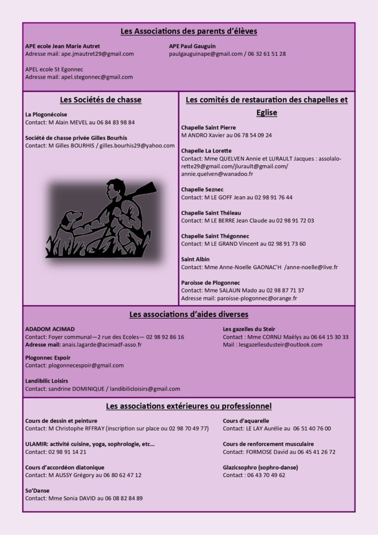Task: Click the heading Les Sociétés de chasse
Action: tap(101, 100)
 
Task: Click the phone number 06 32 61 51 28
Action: tap(266, 54)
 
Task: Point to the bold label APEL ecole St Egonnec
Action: tap(54, 69)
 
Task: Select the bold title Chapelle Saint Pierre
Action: tap(208, 127)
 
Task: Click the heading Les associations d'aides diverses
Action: tap(188, 315)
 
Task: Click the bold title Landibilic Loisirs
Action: tap(46, 381)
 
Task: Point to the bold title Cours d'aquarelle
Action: tap(246, 421)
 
